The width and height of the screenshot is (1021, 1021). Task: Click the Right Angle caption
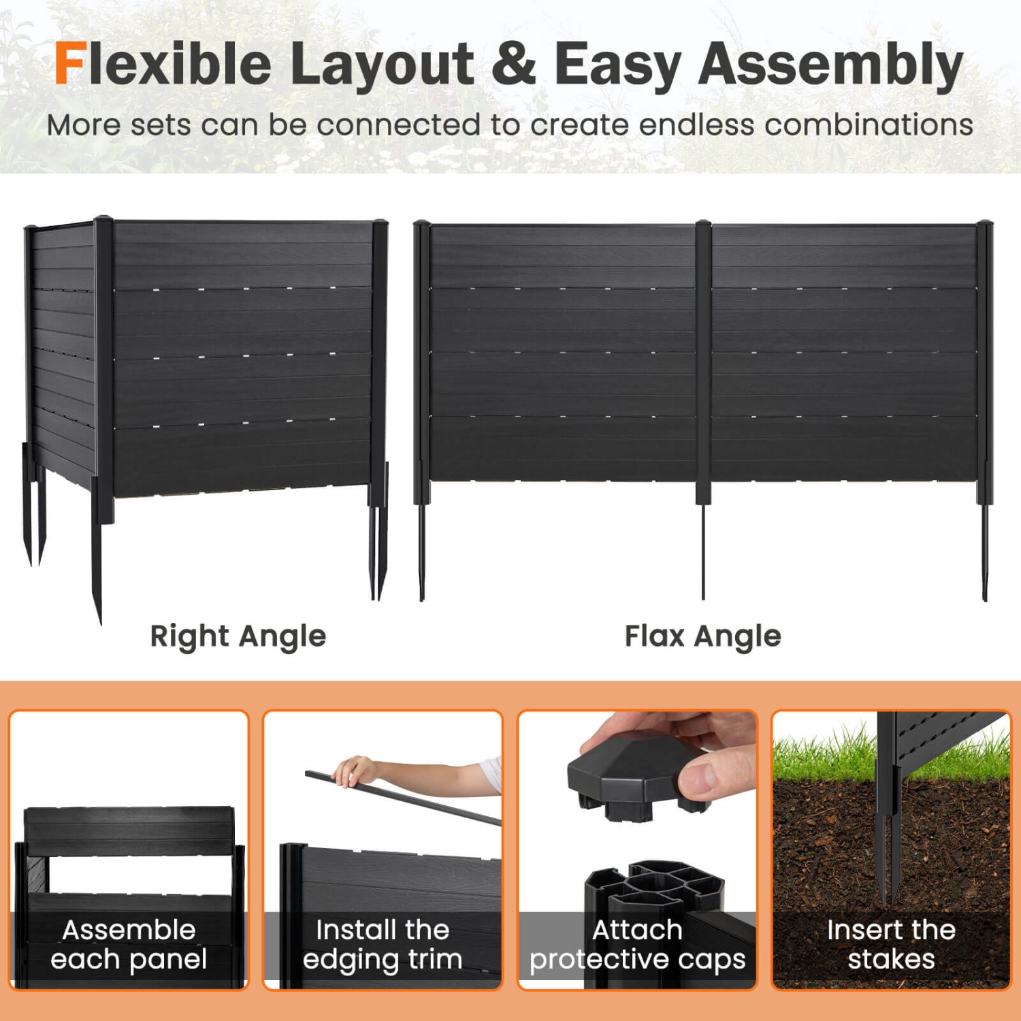(x=238, y=636)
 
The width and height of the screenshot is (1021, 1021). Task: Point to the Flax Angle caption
(x=702, y=636)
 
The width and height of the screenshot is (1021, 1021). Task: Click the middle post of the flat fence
(x=703, y=361)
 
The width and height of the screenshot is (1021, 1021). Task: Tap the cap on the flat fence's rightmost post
(x=984, y=224)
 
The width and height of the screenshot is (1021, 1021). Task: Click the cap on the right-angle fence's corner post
(x=103, y=221)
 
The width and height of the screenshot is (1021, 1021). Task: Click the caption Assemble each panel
(x=129, y=944)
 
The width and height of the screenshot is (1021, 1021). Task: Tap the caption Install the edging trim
(x=383, y=944)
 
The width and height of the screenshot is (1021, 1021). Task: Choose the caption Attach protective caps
(x=637, y=944)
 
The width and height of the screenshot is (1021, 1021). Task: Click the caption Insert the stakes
(x=891, y=944)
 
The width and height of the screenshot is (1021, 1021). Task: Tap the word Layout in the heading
(x=381, y=65)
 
